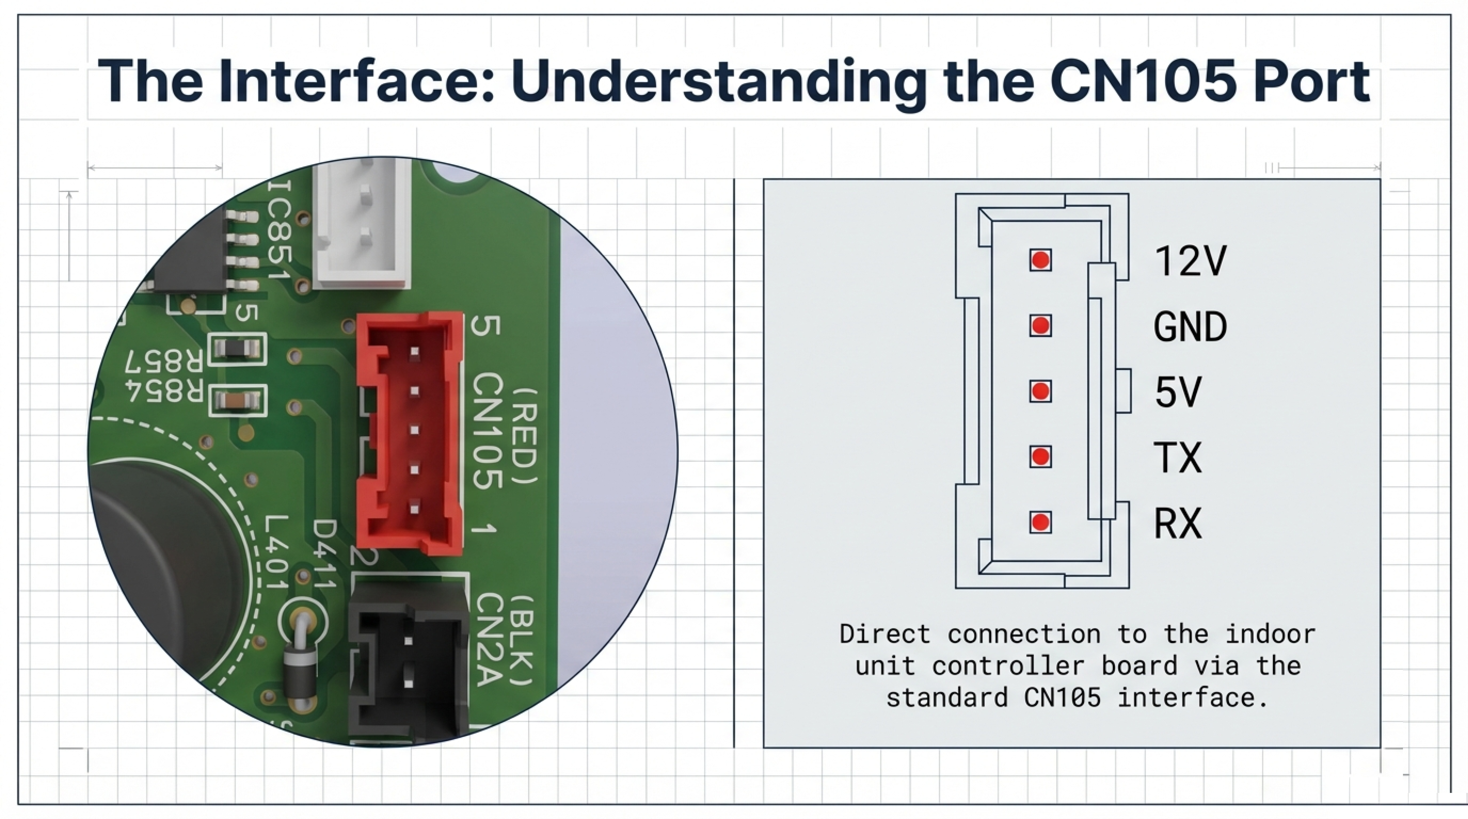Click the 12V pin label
point(1190,261)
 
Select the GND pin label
point(1190,326)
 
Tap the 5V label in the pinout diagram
point(1177,392)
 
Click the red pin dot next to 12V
point(1040,260)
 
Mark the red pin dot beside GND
point(1040,326)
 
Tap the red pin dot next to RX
point(1040,522)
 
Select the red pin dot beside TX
point(1040,456)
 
